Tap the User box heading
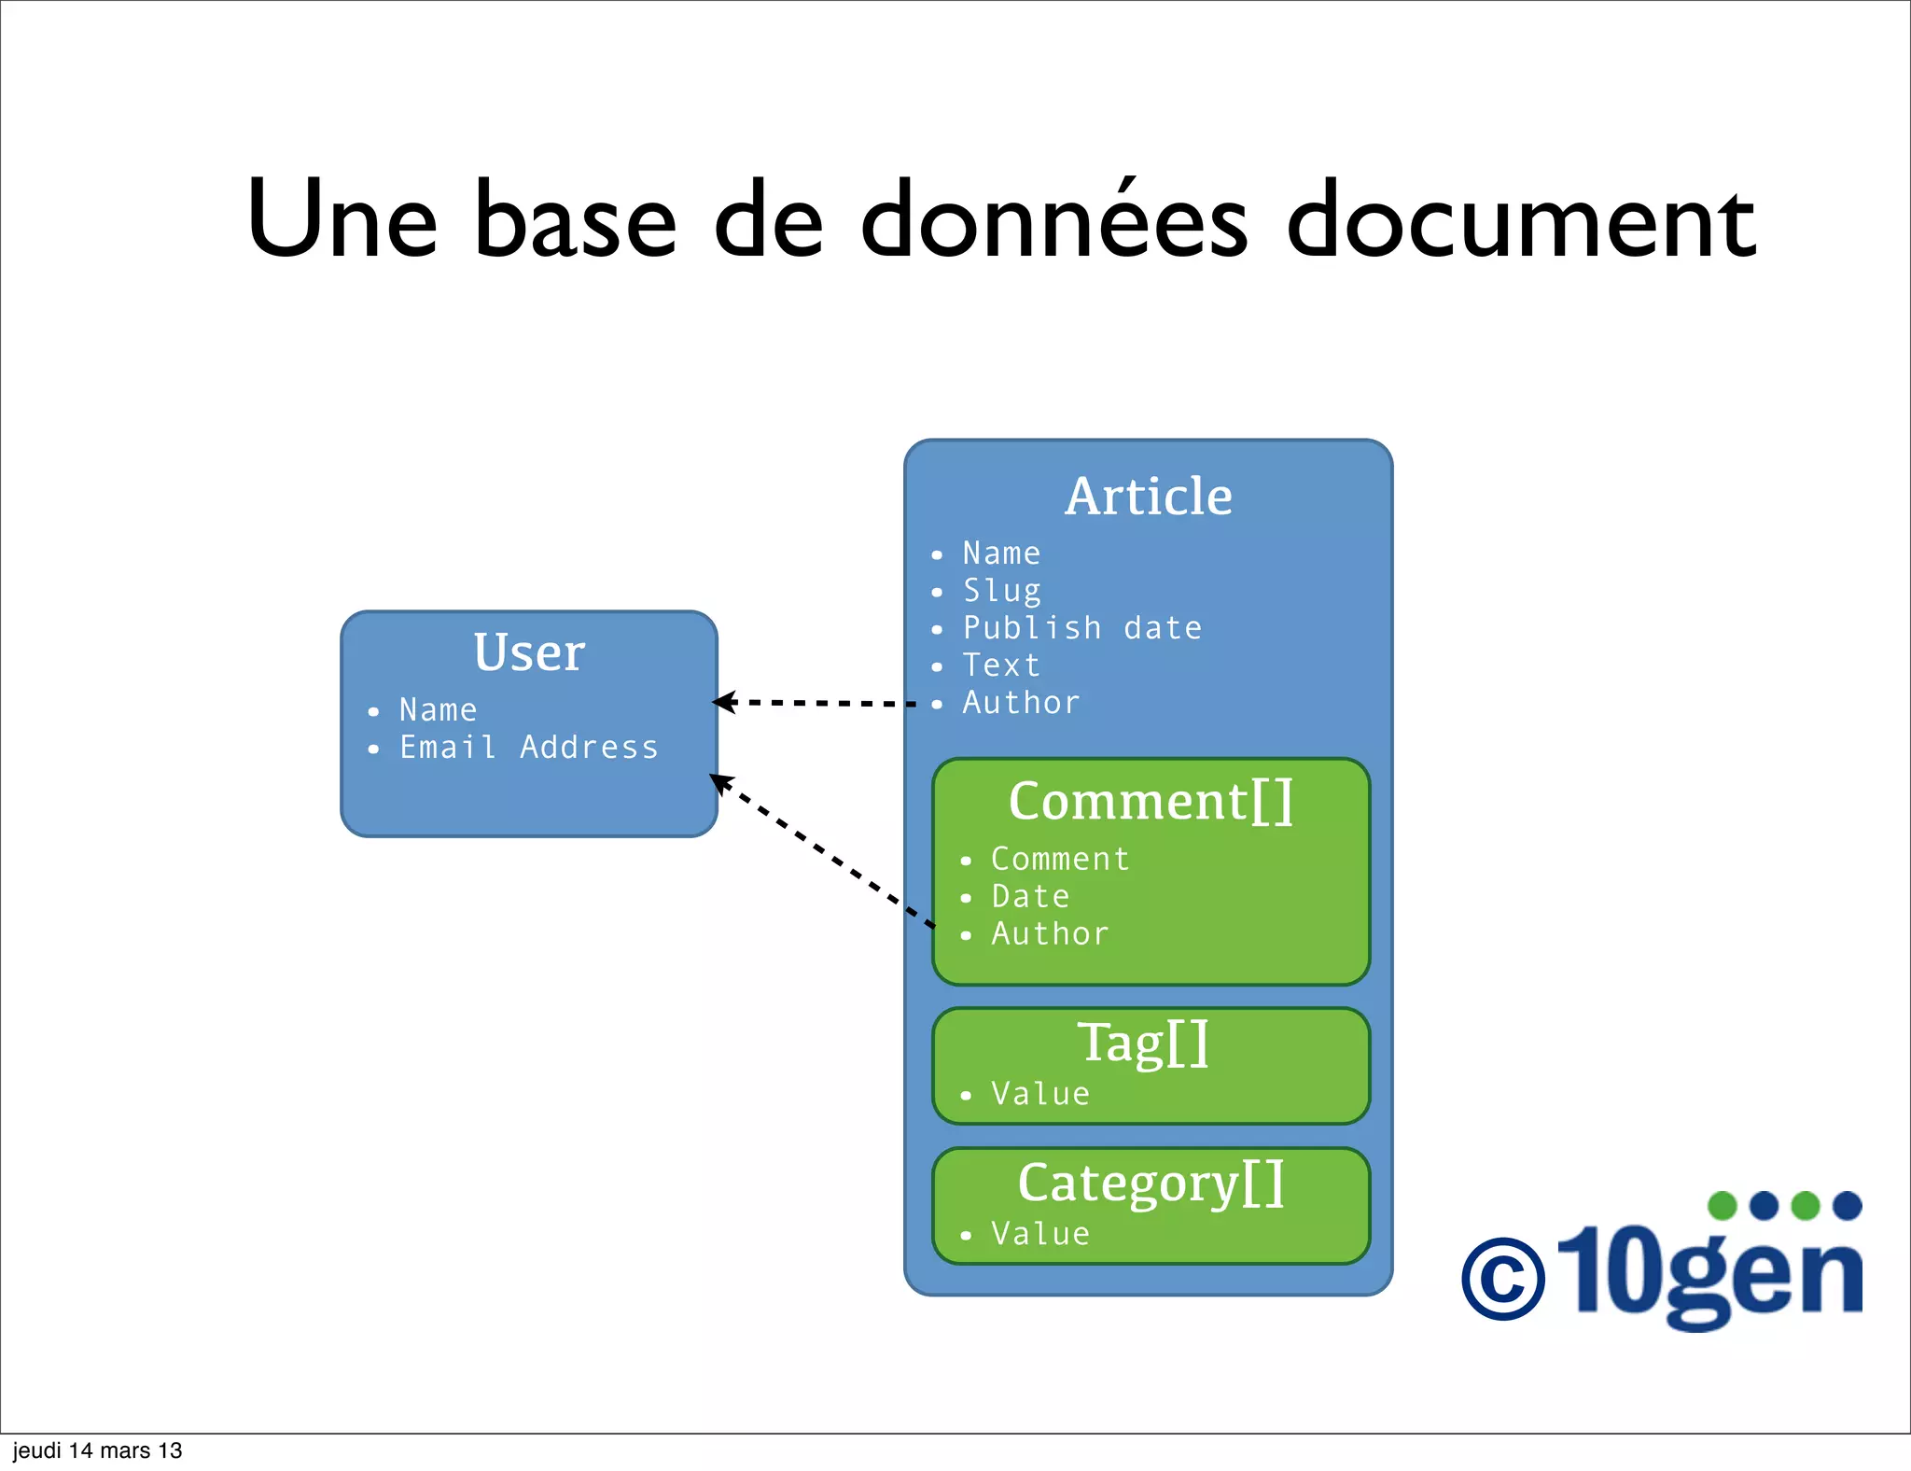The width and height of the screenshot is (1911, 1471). pos(529,651)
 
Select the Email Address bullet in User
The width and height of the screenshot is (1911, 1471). pos(528,748)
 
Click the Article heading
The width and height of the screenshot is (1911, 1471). pos(1149,496)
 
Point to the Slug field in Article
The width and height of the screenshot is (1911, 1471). pos(1001,591)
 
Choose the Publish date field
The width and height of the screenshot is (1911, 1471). pos(1082,628)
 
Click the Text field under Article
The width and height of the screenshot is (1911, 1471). pos(1001,665)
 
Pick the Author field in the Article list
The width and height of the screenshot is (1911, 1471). pos(1022,703)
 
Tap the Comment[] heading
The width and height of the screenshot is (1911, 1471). pos(1151,802)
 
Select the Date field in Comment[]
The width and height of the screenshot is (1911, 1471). pos(1030,897)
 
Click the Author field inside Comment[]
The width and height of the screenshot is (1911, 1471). pos(1051,934)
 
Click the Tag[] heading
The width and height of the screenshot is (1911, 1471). pos(1144,1043)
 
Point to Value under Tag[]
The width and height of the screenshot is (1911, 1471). pos(1040,1094)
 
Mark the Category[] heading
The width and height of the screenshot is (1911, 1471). pos(1151,1184)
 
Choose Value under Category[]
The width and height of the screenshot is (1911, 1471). pos(1040,1234)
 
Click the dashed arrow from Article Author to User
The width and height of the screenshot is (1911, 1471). pos(816,703)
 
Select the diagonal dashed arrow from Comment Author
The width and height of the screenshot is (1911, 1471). pos(821,849)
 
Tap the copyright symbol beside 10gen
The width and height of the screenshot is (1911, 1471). pos(1502,1279)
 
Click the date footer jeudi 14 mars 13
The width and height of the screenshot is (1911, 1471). pos(97,1450)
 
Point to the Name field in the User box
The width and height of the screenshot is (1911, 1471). pos(438,710)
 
